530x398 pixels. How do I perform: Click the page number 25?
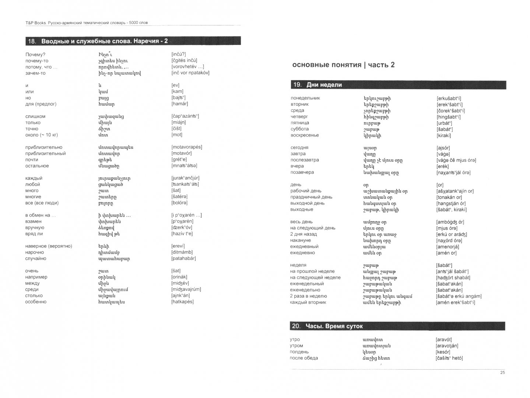click(x=502, y=373)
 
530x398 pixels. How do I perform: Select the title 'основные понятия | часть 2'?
click(x=343, y=65)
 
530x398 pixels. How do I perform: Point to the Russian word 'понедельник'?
click(x=305, y=98)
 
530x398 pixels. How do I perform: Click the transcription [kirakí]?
click(x=444, y=135)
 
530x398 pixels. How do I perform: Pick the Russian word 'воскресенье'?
click(x=305, y=135)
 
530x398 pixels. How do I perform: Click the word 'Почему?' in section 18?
click(x=35, y=55)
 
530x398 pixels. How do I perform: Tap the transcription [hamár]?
click(x=180, y=104)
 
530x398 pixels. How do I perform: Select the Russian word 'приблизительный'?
click(x=45, y=153)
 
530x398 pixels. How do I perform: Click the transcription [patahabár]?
click(x=183, y=258)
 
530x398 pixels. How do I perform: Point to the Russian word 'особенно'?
click(x=36, y=302)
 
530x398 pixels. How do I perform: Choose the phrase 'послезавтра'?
click(x=305, y=160)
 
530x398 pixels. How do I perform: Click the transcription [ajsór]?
click(x=443, y=147)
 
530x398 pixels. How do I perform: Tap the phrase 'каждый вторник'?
click(x=308, y=302)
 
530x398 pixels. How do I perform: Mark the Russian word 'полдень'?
click(x=299, y=352)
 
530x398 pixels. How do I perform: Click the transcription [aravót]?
click(x=444, y=339)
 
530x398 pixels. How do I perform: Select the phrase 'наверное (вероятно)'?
click(x=49, y=246)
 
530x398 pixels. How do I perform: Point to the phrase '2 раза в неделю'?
click(x=308, y=296)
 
